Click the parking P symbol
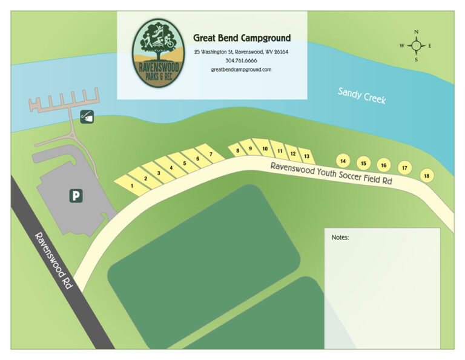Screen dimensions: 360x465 tap(76, 196)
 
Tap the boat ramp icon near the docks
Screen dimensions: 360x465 tap(87, 116)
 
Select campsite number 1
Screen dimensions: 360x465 tap(132, 185)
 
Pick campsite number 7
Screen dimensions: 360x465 tap(211, 155)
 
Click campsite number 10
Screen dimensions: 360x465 tap(265, 149)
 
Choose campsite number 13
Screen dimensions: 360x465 tap(307, 156)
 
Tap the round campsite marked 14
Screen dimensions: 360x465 tap(343, 161)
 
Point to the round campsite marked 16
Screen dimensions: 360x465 tap(383, 165)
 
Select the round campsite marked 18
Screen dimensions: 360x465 tap(427, 175)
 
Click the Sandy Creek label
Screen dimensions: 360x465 tap(361, 96)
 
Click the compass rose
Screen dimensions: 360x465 tap(417, 45)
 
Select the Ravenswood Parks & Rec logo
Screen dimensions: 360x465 tap(159, 53)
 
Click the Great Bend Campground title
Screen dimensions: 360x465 tap(242, 38)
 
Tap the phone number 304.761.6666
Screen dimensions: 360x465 tap(241, 61)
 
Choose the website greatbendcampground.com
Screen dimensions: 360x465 tap(241, 70)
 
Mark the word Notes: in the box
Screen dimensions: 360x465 tap(340, 237)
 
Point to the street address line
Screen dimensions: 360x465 tap(241, 52)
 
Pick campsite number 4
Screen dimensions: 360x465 tap(172, 168)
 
